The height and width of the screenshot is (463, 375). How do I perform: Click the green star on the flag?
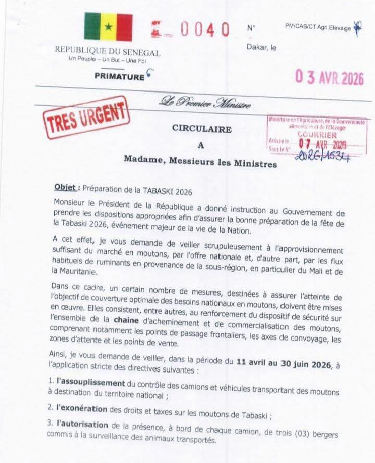pos(108,27)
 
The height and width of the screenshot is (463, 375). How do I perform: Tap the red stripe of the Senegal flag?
pos(124,27)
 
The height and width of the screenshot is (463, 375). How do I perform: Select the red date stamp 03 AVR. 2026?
pos(330,78)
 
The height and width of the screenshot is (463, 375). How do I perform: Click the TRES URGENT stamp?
pos(86,119)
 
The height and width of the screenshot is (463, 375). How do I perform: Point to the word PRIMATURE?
pos(119,77)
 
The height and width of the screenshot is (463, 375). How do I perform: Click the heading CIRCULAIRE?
pos(202,130)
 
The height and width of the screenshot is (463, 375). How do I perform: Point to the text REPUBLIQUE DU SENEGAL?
pos(108,53)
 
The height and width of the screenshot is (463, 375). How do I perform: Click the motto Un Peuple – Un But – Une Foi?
pos(107,62)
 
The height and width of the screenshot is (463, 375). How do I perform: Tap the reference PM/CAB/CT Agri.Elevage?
pos(318,28)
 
